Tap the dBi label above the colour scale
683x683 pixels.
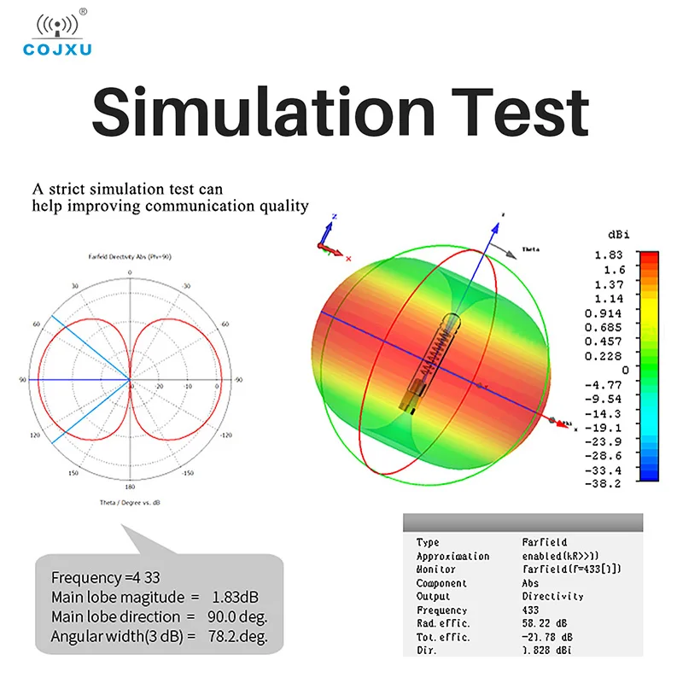[618, 234]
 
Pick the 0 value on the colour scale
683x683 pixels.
[625, 369]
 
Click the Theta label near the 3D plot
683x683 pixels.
[531, 249]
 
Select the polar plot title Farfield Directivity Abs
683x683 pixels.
[129, 256]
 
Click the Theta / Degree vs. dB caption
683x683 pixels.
[130, 502]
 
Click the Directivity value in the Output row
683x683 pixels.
[552, 596]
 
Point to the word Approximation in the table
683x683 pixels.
[452, 556]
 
